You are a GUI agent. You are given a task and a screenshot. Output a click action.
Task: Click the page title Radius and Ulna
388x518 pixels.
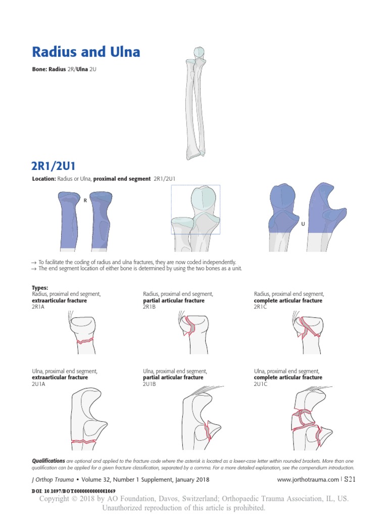[86, 52]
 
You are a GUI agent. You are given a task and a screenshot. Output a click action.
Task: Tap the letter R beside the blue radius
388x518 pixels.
[85, 200]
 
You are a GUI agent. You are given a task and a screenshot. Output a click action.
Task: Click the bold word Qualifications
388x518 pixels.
[48, 461]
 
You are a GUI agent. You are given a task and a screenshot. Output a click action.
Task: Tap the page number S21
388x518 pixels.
[349, 479]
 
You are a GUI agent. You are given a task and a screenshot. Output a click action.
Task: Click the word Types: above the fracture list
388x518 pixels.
[40, 288]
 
